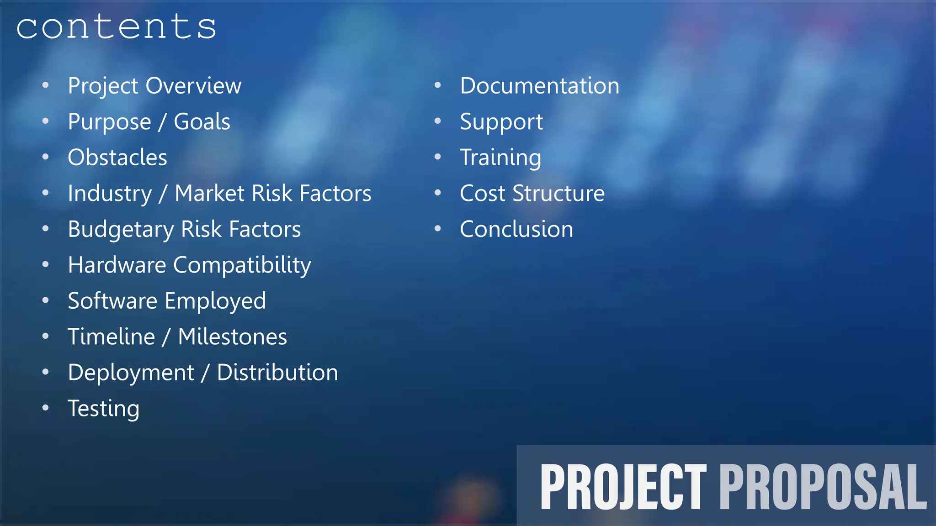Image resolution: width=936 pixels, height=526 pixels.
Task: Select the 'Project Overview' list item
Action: pyautogui.click(x=154, y=86)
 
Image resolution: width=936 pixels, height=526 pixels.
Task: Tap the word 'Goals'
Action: pyautogui.click(x=202, y=122)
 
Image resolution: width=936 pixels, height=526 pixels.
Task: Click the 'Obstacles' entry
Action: pyautogui.click(x=117, y=158)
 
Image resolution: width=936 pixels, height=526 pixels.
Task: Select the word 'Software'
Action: pyautogui.click(x=112, y=301)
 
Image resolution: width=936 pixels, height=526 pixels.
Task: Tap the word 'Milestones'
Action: pyautogui.click(x=233, y=337)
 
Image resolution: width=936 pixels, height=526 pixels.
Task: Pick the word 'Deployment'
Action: pyautogui.click(x=131, y=373)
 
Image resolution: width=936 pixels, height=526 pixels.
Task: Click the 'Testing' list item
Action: pyautogui.click(x=104, y=409)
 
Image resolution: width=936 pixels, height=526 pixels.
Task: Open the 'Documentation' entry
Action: pyautogui.click(x=539, y=86)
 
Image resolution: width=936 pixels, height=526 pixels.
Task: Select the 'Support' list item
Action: pyautogui.click(x=501, y=122)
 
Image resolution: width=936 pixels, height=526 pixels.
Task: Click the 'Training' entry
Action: pyautogui.click(x=500, y=158)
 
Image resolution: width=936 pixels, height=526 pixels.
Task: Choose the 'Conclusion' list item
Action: pyautogui.click(x=516, y=229)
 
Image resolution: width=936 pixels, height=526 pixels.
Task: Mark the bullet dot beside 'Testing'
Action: pyautogui.click(x=45, y=408)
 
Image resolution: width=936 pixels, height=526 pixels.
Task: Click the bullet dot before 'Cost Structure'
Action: pyautogui.click(x=438, y=193)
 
